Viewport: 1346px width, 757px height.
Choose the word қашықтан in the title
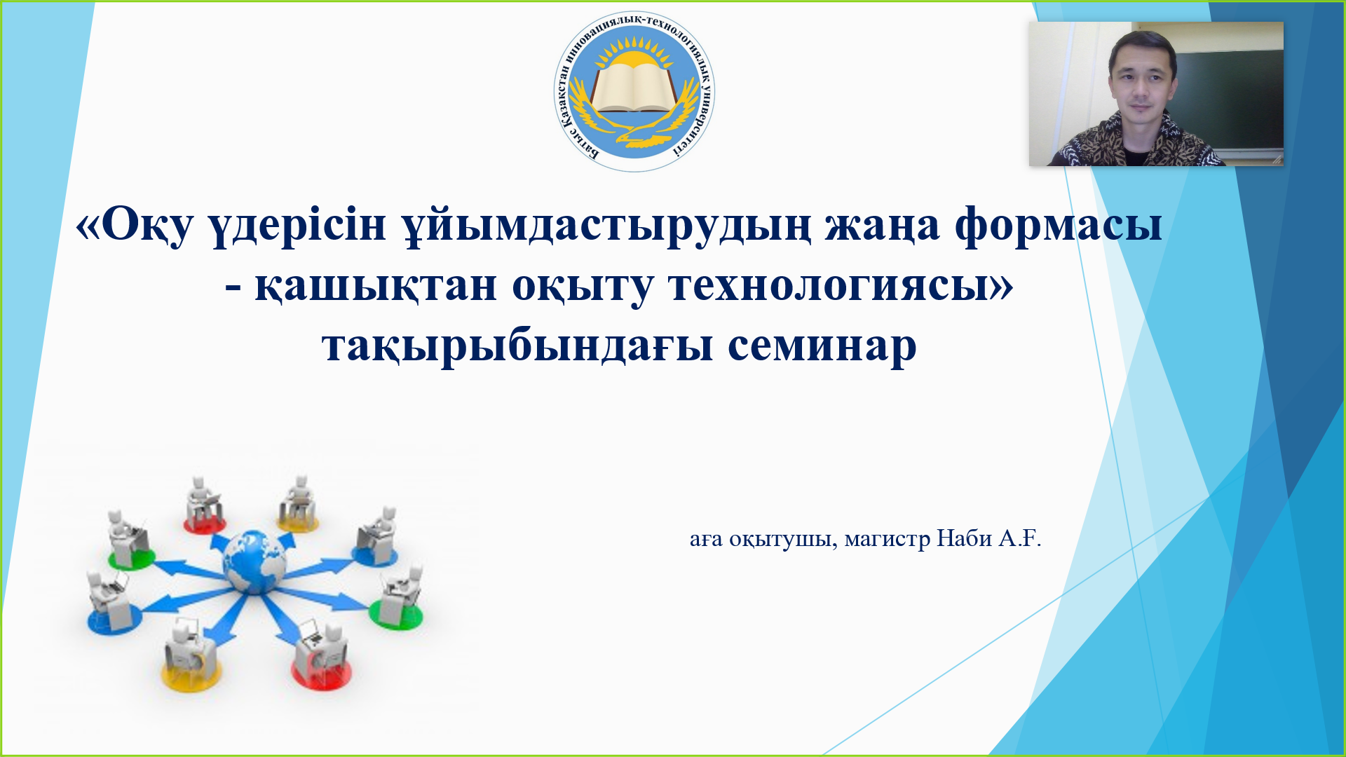point(376,287)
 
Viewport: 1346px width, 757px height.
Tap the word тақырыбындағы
point(517,347)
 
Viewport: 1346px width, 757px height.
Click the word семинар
point(822,346)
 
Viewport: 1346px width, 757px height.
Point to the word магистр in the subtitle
point(888,539)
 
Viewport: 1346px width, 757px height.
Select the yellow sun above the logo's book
point(634,57)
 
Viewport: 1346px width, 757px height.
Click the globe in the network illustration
point(254,561)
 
